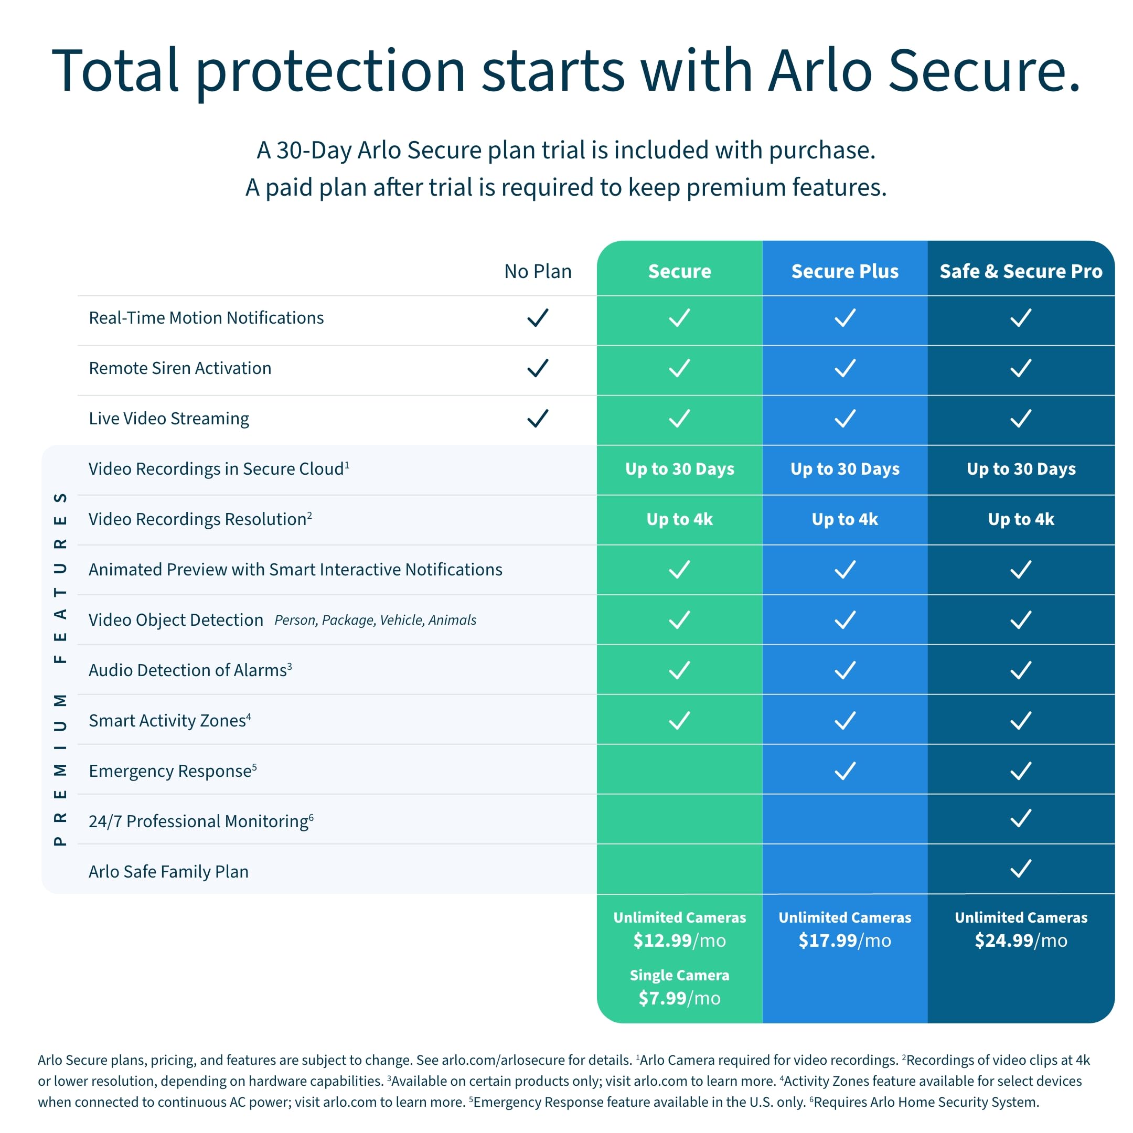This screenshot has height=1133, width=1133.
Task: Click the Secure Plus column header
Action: [845, 271]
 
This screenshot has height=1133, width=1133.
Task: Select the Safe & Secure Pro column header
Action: [1020, 271]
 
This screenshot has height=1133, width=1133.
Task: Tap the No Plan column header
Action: [538, 271]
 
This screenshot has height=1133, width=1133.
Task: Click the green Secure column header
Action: [679, 271]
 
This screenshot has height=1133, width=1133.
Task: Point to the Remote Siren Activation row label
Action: [180, 368]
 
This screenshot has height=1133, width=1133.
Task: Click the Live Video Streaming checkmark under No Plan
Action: [537, 418]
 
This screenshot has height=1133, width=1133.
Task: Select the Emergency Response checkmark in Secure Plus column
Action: [845, 771]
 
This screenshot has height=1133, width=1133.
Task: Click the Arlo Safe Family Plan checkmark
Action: [1020, 869]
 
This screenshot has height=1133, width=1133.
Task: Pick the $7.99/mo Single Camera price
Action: [679, 998]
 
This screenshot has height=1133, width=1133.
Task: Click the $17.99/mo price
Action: [845, 940]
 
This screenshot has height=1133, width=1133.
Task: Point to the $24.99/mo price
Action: [1020, 940]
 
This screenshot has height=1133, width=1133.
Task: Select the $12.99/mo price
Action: [679, 940]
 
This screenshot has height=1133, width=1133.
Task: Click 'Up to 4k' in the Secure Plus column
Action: [845, 519]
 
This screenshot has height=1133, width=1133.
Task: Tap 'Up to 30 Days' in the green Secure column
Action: [679, 468]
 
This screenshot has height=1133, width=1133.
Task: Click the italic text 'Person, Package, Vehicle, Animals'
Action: [376, 620]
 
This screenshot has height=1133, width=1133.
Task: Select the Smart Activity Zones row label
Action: [169, 720]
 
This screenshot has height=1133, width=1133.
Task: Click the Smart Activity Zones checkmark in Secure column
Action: [679, 720]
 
